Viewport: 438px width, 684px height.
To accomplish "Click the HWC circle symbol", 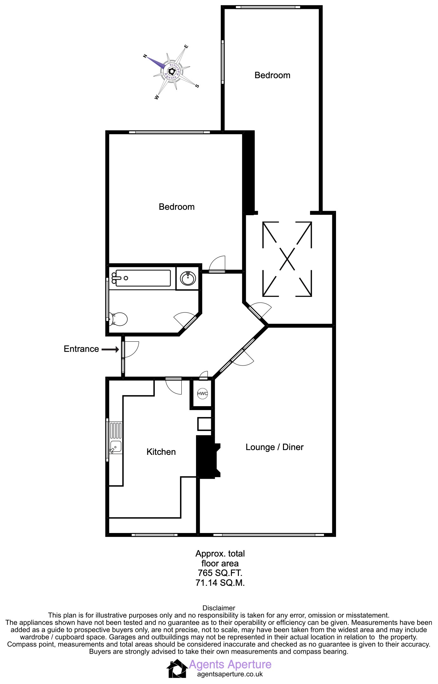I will pos(202,393).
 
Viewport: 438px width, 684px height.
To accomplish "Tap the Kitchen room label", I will pos(161,452).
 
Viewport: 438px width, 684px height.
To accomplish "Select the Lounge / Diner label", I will pos(274,447).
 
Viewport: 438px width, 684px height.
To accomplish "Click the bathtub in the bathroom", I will pos(143,278).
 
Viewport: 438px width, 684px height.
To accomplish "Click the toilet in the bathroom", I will pos(118,318).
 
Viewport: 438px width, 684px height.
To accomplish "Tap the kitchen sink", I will pos(115,447).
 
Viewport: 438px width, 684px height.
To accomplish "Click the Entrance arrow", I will pos(110,349).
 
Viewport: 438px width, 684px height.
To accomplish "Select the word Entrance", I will pos(81,349).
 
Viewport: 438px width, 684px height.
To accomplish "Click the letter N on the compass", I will pos(145,56).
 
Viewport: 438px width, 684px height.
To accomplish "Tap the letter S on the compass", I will pos(197,86).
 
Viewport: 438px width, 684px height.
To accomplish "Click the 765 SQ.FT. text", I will pos(220,573).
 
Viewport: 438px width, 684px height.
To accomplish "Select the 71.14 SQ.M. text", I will pos(220,583).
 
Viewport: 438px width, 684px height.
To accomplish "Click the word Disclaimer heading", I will pos(219,608).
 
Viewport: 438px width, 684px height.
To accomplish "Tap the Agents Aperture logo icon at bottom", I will pos(177,668).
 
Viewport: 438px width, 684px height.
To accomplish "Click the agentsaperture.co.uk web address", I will pos(230,674).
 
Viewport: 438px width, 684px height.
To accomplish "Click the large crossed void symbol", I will pos(287,259).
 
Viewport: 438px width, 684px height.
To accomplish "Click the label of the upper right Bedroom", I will pos(272,75).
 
